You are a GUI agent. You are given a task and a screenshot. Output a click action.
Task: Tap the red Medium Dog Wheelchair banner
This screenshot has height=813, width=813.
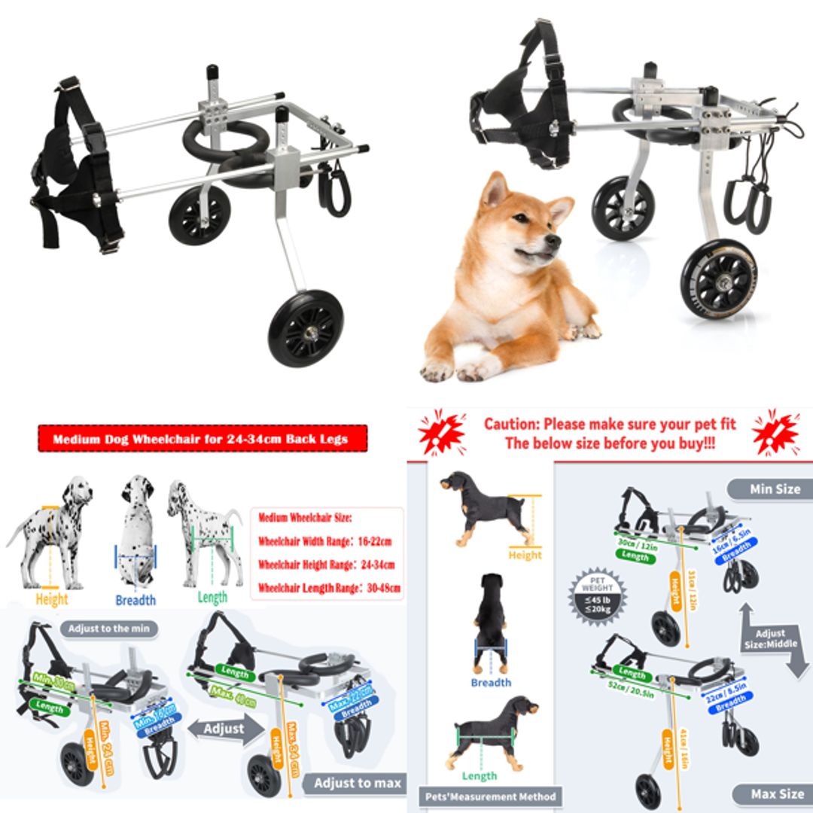pyautogui.click(x=202, y=439)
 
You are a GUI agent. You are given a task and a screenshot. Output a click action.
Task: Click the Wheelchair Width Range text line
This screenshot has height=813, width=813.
pyautogui.click(x=325, y=541)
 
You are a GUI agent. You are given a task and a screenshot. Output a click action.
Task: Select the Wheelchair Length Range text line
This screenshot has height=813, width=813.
pyautogui.click(x=329, y=587)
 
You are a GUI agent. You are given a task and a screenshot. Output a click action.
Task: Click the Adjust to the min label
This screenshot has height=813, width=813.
pyautogui.click(x=109, y=629)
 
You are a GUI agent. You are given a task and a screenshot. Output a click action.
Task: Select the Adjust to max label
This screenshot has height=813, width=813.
pyautogui.click(x=357, y=783)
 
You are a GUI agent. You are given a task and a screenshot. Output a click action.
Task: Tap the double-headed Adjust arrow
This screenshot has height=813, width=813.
pyautogui.click(x=224, y=729)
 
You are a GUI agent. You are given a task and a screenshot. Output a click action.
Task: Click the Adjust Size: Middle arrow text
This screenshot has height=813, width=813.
pyautogui.click(x=769, y=638)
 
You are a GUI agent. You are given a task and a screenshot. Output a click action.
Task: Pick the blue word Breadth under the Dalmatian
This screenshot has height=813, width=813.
pyautogui.click(x=135, y=600)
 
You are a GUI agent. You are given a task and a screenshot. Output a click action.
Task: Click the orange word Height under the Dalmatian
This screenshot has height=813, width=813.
pyautogui.click(x=51, y=599)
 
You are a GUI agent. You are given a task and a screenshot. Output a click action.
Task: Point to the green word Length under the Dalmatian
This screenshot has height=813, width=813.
pyautogui.click(x=212, y=598)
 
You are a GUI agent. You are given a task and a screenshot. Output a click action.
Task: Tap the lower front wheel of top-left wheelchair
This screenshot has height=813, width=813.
pyautogui.click(x=306, y=328)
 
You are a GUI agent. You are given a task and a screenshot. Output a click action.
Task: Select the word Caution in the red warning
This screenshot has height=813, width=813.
pyautogui.click(x=511, y=424)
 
